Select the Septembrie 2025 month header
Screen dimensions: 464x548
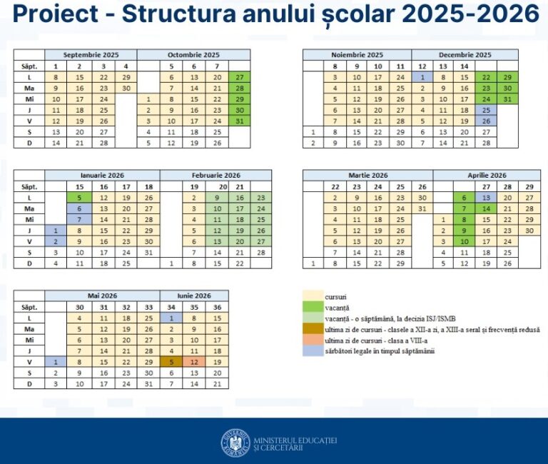[91, 54]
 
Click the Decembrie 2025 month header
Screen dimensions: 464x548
[465, 54]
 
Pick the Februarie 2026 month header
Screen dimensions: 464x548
[215, 175]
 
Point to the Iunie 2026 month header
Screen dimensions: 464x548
[193, 295]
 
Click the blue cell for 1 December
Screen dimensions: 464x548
[422, 77]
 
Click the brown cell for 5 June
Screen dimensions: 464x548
[172, 362]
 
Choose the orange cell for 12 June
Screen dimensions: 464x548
[193, 362]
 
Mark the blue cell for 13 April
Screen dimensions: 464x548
[486, 198]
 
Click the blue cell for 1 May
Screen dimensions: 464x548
[56, 362]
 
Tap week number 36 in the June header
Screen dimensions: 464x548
[216, 306]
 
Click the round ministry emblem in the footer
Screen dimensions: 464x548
[235, 443]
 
